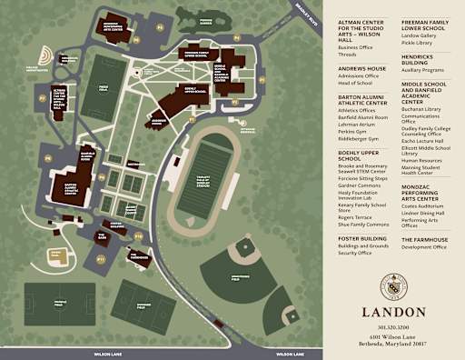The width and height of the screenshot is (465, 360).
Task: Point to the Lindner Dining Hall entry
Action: click(x=423, y=214)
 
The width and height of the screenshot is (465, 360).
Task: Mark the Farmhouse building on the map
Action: click(x=136, y=255)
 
